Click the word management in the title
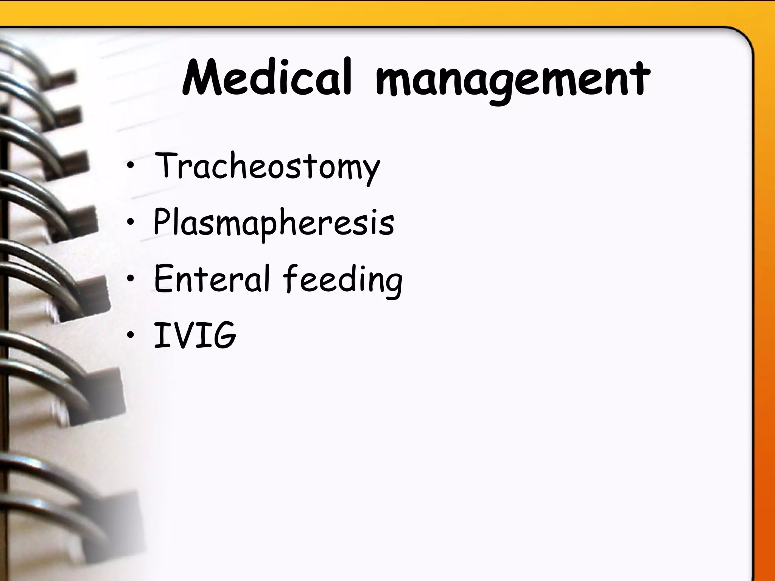[512, 80]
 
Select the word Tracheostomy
[267, 166]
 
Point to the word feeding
[342, 280]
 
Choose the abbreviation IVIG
[195, 335]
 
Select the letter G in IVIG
[223, 335]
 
